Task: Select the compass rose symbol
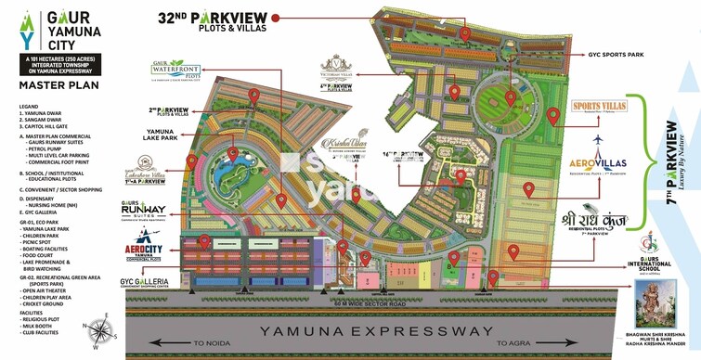[x=97, y=327]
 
